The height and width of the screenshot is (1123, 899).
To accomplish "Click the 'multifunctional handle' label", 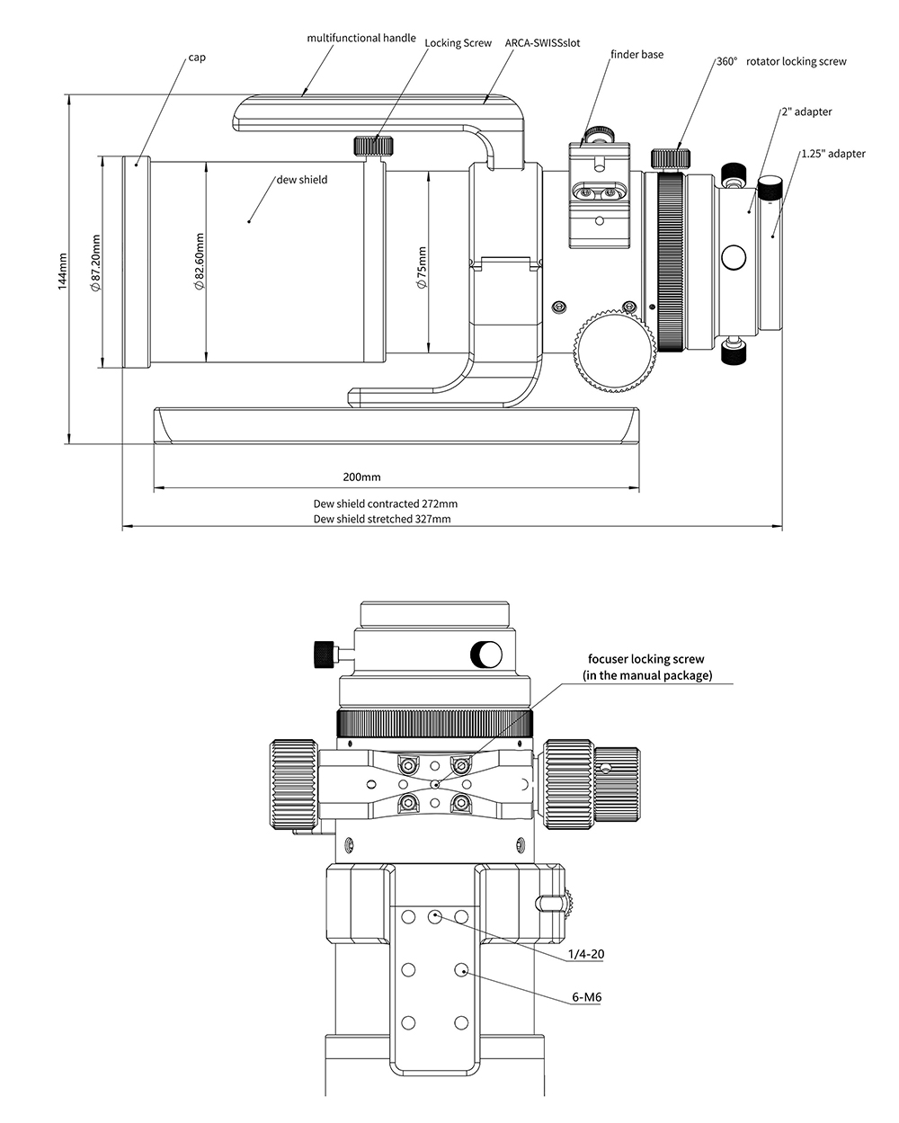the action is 361,38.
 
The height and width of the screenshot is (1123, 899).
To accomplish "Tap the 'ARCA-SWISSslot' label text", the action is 542,43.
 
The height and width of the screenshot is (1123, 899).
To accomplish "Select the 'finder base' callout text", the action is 637,54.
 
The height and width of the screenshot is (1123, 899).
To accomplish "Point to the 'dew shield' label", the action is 301,180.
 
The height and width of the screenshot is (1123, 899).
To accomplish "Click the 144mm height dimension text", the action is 63,272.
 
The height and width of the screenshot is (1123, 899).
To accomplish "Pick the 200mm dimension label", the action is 361,477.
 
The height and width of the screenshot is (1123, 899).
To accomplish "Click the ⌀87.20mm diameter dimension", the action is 96,263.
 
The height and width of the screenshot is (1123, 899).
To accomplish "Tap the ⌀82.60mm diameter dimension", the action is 199,261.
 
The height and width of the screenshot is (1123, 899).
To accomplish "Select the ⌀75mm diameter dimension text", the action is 422,267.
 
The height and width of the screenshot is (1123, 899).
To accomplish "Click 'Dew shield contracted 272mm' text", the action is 386,504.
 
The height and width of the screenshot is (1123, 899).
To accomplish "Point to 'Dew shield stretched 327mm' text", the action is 382,519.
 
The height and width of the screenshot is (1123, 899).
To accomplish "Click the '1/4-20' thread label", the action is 586,954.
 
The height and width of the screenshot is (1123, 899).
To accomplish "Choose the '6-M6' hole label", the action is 587,997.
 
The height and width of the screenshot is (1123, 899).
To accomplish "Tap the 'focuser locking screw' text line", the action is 646,659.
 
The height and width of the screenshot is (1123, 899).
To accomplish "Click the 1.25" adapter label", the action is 833,154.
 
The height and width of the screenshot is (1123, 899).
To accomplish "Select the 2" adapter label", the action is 806,111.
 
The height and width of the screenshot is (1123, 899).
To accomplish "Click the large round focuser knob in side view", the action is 615,352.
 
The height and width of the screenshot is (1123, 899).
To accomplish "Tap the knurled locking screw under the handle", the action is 374,145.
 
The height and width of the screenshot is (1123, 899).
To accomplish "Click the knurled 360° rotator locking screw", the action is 671,158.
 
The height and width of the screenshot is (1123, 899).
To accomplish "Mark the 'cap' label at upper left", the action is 197,58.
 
